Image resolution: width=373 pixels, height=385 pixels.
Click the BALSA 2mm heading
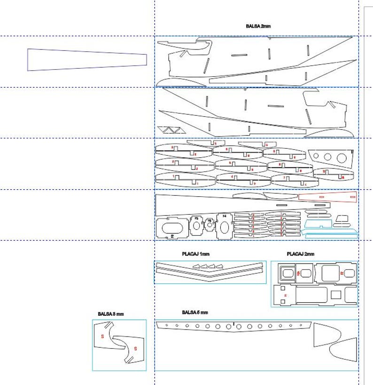tap(258, 26)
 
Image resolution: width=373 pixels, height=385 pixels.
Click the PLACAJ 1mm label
tap(195, 254)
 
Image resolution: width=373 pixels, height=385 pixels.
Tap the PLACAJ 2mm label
tap(301, 254)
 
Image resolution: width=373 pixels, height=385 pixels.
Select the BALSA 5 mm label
tap(194, 313)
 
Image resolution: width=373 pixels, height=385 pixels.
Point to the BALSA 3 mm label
tap(111, 314)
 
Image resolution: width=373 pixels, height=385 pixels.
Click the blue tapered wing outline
tap(87, 60)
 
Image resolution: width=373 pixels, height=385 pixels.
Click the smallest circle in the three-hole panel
tap(316, 156)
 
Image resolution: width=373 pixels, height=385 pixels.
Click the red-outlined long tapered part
tap(327, 196)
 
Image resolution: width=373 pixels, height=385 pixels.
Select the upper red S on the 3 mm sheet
tap(102, 336)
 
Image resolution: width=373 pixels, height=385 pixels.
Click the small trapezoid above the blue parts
tap(342, 218)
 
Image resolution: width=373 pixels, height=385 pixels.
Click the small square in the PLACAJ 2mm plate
tap(335, 295)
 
